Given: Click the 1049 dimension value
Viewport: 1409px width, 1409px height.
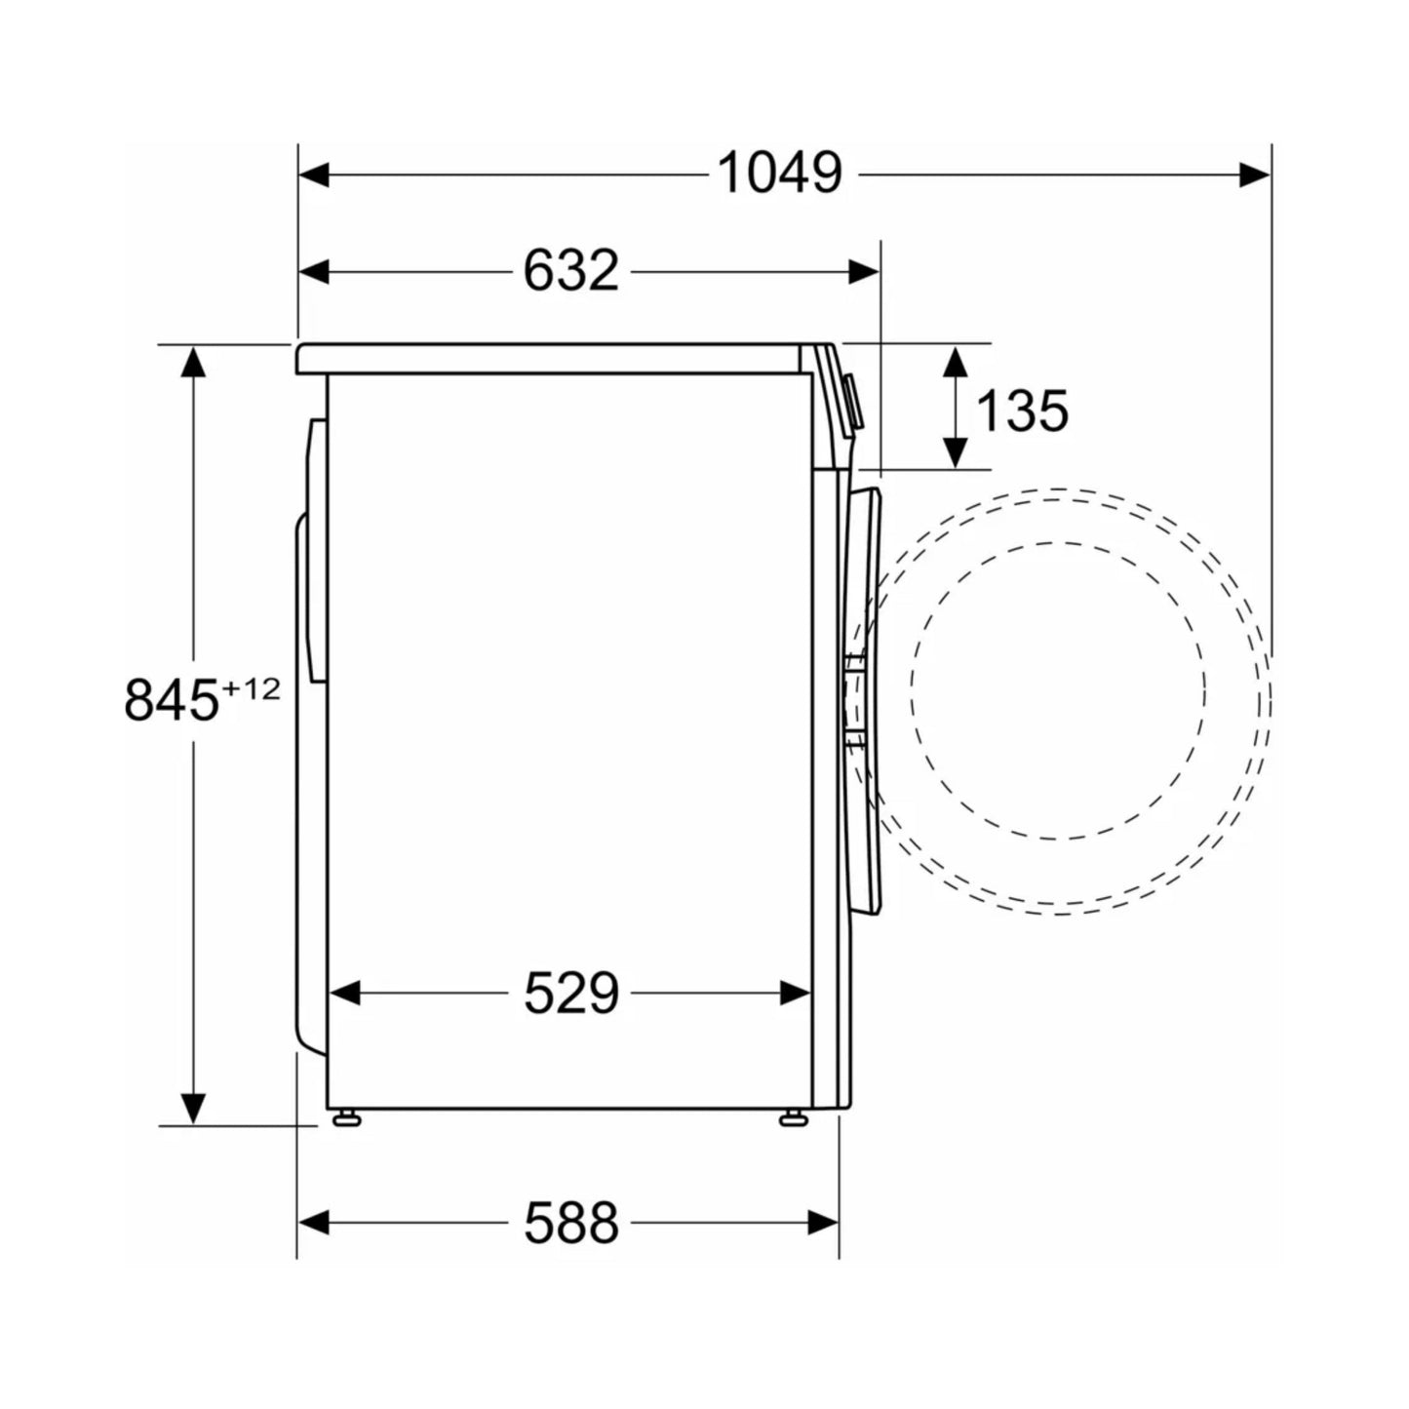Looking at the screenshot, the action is tap(779, 174).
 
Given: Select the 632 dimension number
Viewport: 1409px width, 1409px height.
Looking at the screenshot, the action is tap(571, 272).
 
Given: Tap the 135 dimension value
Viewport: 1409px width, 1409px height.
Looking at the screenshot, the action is tap(1022, 411).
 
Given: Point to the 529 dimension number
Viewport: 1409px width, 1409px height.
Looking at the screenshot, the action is tap(571, 993).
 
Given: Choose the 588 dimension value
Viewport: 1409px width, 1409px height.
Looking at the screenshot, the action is tap(571, 1224).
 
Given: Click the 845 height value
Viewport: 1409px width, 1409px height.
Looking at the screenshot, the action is tap(172, 700).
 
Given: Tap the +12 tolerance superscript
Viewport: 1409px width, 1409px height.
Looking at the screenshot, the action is tap(251, 688).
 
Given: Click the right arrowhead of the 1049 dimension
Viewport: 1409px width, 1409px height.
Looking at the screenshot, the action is tap(1255, 175).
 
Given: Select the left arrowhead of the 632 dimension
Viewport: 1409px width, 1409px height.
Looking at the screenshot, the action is tap(314, 272).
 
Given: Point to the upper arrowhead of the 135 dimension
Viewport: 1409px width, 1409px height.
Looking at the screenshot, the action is tap(955, 361).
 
